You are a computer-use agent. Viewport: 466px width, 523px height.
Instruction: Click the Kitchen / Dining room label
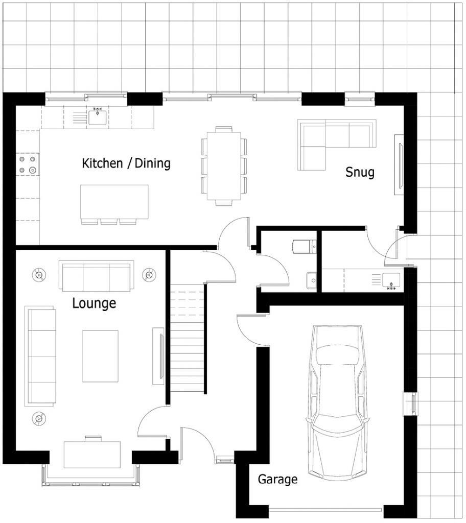[x=126, y=163]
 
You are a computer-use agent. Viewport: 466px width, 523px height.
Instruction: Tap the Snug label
[x=360, y=172]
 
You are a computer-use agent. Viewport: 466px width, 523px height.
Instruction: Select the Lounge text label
[x=94, y=303]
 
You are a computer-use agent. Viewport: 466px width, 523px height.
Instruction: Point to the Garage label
[x=277, y=479]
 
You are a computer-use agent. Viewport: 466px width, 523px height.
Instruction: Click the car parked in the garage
[x=337, y=398]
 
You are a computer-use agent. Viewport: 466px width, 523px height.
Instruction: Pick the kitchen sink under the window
[x=97, y=117]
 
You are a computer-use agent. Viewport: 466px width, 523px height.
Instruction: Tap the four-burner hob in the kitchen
[x=28, y=164]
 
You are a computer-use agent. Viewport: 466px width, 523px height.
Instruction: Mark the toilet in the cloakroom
[x=304, y=247]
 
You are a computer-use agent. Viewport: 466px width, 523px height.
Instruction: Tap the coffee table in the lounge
[x=100, y=356]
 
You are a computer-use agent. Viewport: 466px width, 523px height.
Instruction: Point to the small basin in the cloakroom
[x=311, y=280]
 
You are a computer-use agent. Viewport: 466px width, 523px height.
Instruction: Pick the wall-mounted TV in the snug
[x=399, y=165]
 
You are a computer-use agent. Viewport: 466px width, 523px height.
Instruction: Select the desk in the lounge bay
[x=92, y=454]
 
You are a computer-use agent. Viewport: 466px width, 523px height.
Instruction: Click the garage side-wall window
[x=411, y=403]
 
